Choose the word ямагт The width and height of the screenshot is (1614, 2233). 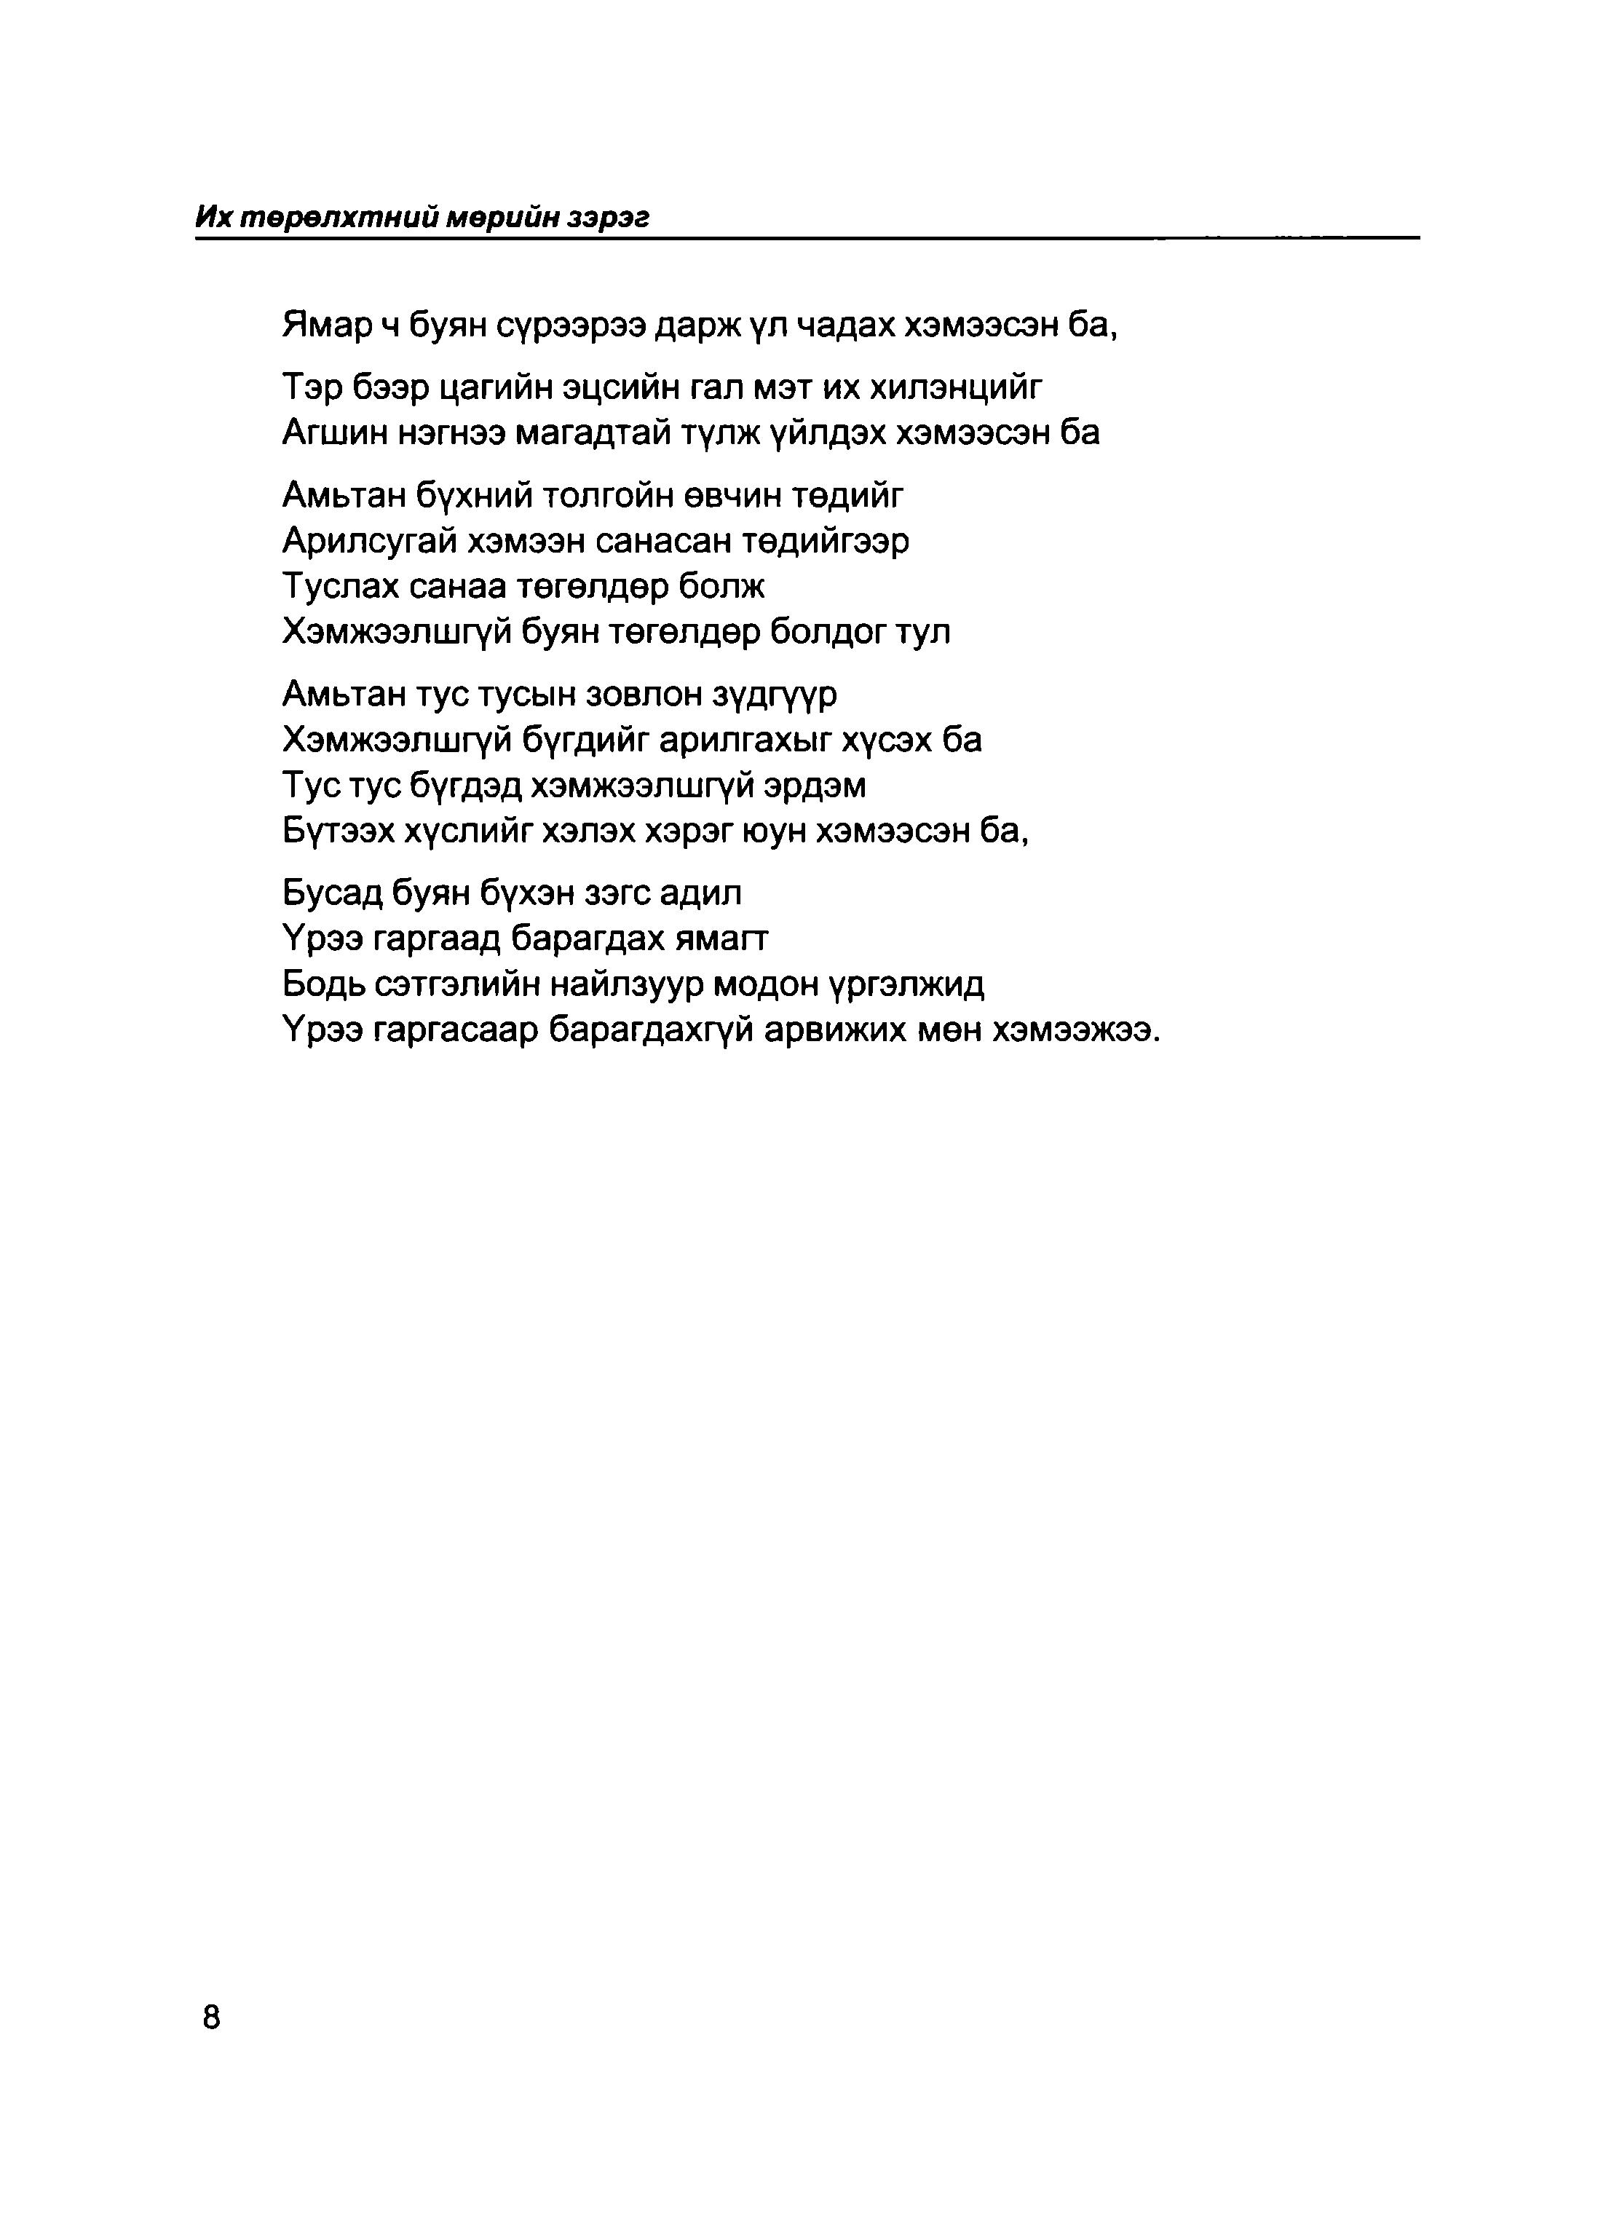721,938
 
